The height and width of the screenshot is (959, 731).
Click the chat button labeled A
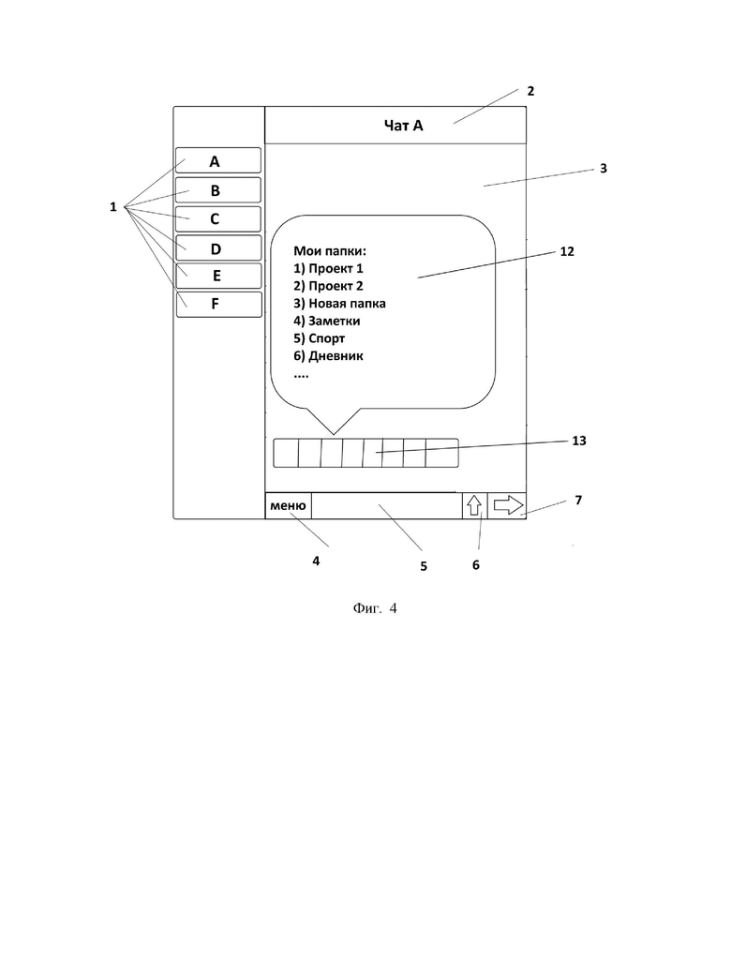[218, 160]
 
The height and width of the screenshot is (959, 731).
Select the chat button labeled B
[218, 189]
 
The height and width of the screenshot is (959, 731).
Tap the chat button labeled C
[218, 219]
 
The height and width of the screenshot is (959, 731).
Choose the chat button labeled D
[218, 247]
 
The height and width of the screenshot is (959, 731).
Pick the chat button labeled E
[218, 276]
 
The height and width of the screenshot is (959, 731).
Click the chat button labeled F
[218, 304]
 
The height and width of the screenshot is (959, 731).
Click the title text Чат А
[403, 126]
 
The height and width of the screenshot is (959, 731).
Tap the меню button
[288, 506]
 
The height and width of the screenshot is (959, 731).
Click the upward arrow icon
[474, 506]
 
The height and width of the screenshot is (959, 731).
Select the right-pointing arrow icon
[508, 505]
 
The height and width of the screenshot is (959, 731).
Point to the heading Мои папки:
[330, 250]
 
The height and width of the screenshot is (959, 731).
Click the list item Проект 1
[336, 268]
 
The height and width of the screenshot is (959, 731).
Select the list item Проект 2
[336, 286]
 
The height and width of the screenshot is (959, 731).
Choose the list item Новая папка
[347, 304]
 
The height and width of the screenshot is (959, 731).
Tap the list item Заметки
[335, 322]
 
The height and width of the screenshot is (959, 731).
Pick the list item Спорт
[327, 338]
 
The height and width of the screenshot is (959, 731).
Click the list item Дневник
[336, 356]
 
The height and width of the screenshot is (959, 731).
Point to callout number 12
[567, 251]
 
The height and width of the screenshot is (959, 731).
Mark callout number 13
[579, 441]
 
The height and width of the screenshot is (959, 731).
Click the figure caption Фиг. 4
[375, 608]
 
